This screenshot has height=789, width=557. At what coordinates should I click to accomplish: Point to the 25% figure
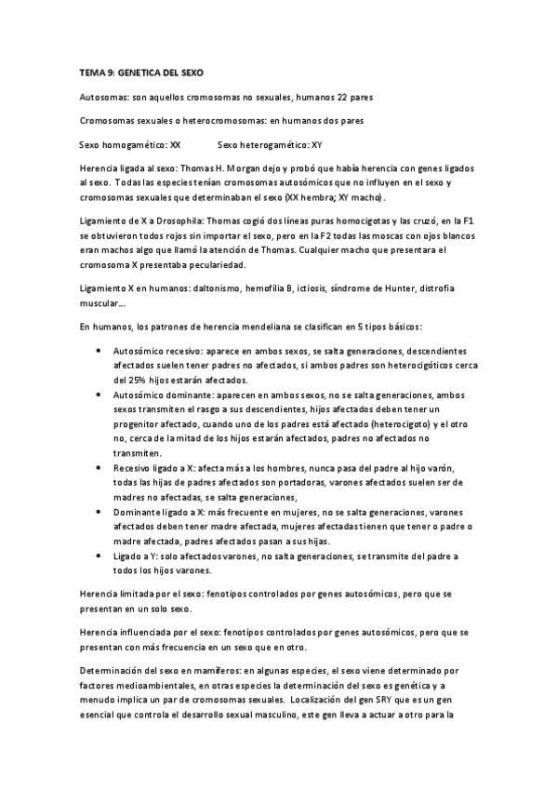click(x=126, y=381)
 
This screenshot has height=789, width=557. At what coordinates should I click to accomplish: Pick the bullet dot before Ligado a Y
click(x=99, y=555)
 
